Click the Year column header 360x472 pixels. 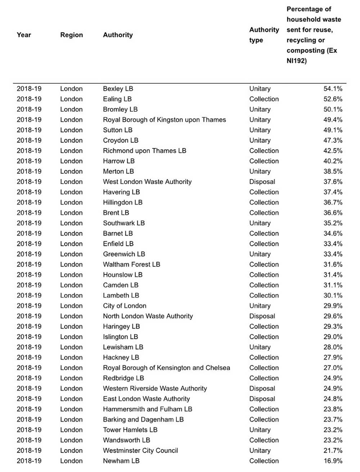pyautogui.click(x=24, y=35)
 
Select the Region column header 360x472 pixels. pyautogui.click(x=71, y=35)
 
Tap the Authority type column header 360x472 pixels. pyautogui.click(x=264, y=35)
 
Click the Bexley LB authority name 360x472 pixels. pyautogui.click(x=118, y=89)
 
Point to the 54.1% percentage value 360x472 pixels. pyautogui.click(x=333, y=89)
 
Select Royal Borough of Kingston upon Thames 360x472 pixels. pyautogui.click(x=164, y=120)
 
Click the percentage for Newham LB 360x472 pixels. pyautogui.click(x=333, y=461)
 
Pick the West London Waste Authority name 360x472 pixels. pyautogui.click(x=147, y=182)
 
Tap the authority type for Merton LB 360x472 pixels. pyautogui.click(x=260, y=172)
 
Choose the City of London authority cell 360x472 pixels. pyautogui.click(x=125, y=306)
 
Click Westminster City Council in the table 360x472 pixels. pyautogui.click(x=140, y=450)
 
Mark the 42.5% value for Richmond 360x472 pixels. pyautogui.click(x=333, y=151)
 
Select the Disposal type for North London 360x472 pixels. pyautogui.click(x=262, y=316)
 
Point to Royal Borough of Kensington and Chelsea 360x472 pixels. pyautogui.click(x=166, y=368)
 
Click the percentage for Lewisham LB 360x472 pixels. pyautogui.click(x=333, y=347)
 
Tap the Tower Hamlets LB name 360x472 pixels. pyautogui.click(x=130, y=430)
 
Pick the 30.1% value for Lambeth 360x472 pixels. pyautogui.click(x=333, y=295)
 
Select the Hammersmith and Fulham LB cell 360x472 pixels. pyautogui.click(x=147, y=409)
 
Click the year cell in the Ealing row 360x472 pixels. pyautogui.click(x=29, y=99)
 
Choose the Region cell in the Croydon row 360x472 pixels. pyautogui.click(x=71, y=141)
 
